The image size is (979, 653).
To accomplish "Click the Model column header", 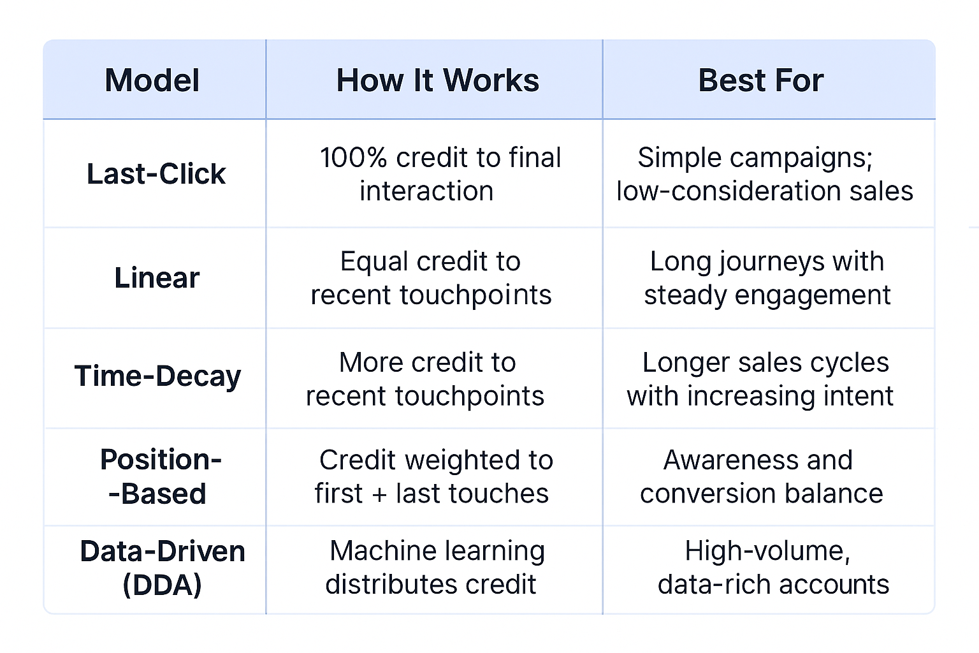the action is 152,80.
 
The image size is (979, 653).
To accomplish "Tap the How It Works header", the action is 437,80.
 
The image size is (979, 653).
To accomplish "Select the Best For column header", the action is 761,80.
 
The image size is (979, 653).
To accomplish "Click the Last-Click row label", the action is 156,173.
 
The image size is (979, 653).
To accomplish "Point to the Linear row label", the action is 157,277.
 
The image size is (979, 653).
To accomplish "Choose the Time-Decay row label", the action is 157,376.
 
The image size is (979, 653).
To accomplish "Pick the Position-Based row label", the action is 160,477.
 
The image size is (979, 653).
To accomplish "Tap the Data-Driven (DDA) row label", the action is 162,568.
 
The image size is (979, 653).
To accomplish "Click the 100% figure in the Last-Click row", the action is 353,158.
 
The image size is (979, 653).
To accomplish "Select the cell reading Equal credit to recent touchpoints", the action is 431,278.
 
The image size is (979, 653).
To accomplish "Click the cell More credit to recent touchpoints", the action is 425,379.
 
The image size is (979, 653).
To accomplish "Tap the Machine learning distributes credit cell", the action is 435,568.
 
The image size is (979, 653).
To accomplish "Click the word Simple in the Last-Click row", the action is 679,158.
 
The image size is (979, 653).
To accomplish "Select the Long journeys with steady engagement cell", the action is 767,278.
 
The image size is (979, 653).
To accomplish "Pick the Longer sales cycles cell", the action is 760,379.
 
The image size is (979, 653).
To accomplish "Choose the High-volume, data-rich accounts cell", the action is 773,568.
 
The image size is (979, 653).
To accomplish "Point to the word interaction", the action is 426,191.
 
